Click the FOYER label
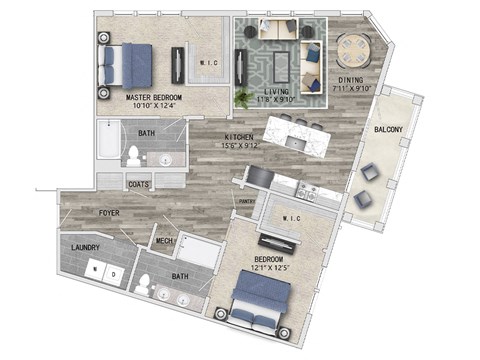pos(109,213)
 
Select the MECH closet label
pos(165,241)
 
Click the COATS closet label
pos(139,184)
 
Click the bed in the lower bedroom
pos(262,302)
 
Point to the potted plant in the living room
pos(243,98)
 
